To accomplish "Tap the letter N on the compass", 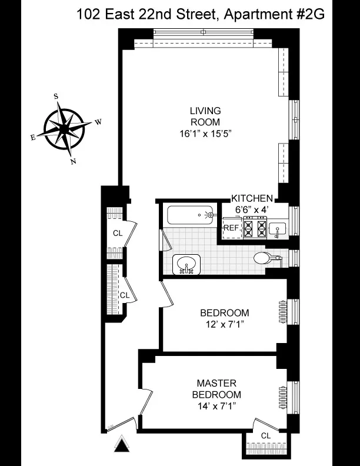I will pos(73,162).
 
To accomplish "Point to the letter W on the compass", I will pos(99,122).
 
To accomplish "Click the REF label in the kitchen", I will pos(231,228).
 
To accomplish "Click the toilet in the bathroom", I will pos(265,258).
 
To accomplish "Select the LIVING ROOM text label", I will pos(205,116).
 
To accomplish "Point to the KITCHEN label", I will pos(251,198).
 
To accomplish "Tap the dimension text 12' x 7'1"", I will pos(224,324).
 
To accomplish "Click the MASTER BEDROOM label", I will pos(219,388).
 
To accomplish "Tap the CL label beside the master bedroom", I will pos(266,435).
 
